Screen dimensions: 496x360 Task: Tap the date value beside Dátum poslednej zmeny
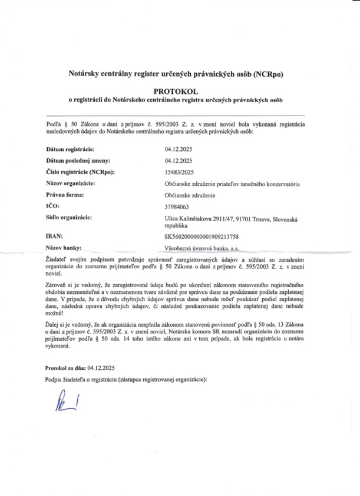pos(179,160)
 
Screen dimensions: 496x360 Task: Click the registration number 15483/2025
pos(180,172)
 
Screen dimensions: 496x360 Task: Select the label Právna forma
pos(65,194)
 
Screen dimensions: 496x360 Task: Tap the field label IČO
pos(52,206)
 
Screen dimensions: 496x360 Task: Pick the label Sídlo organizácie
pos(68,218)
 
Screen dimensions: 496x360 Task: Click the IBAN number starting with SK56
pos(202,236)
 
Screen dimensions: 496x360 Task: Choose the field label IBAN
pos(54,235)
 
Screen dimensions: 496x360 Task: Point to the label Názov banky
pos(64,248)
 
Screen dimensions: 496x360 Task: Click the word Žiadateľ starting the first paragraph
pos(57,260)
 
